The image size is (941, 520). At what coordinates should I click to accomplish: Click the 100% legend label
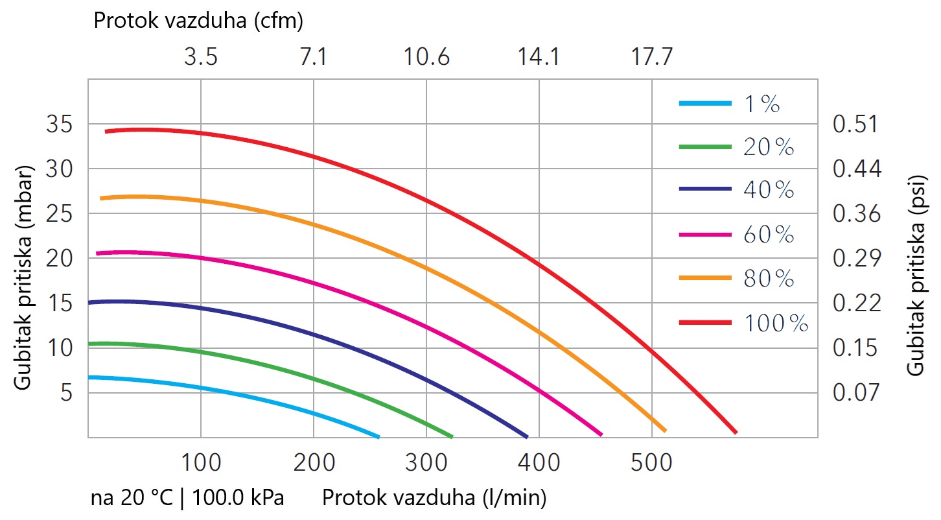point(776,324)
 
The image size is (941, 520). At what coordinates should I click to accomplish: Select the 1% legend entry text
point(762,104)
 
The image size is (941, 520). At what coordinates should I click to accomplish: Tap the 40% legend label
point(769,189)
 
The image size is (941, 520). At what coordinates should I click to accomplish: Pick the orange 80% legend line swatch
point(705,278)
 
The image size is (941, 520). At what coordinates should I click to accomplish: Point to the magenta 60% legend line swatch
point(705,235)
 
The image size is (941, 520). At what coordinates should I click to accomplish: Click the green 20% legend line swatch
point(705,147)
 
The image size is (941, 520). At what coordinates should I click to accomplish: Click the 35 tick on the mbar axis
point(59,124)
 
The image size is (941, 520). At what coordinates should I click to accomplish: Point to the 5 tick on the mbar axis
point(66,393)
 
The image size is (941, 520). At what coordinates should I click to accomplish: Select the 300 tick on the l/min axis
point(426,462)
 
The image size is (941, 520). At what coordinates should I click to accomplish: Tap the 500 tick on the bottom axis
point(651,462)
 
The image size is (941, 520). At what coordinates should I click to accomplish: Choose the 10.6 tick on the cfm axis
point(426,57)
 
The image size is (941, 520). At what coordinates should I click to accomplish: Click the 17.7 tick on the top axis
point(652,57)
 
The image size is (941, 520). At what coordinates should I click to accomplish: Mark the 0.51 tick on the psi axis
point(855,124)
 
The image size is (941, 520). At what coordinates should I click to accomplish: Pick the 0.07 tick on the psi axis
point(855,393)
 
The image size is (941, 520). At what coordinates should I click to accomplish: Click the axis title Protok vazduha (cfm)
point(198,21)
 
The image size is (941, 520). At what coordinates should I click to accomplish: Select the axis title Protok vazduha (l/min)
point(434,498)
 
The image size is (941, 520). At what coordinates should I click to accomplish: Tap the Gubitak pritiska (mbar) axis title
point(23,278)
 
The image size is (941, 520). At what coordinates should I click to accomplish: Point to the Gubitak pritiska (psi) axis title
point(916,276)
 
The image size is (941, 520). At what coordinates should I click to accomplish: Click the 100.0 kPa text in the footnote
point(238,498)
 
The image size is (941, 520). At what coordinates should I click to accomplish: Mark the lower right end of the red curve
point(736,432)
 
